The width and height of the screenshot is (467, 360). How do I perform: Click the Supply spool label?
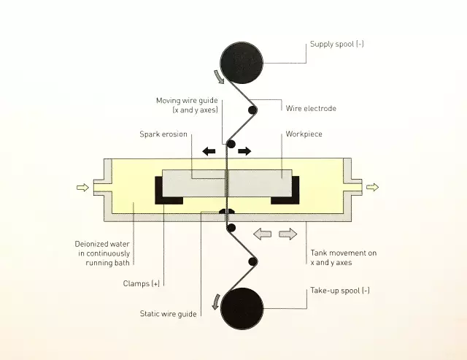pos(337,44)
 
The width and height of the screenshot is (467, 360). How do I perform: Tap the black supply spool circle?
pos(242,63)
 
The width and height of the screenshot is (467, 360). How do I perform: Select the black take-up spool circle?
pos(242,308)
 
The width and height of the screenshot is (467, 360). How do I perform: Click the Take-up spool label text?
pos(340,291)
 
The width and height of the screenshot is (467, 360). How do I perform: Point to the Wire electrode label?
pos(311,108)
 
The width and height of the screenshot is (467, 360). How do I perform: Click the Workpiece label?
pos(304,134)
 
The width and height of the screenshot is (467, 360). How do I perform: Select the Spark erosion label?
pos(163,134)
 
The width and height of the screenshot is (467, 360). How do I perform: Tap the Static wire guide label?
pos(169,314)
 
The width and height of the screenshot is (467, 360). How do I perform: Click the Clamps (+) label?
pos(142,283)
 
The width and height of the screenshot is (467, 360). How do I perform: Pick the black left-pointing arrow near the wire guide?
pos(209,151)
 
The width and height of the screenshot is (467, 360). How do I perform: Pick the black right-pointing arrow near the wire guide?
pos(244,151)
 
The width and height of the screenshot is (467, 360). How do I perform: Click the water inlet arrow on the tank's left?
pos(82,188)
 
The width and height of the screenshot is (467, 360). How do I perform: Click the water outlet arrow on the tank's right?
pos(372,187)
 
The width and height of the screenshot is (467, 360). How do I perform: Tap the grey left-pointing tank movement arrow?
pos(263,234)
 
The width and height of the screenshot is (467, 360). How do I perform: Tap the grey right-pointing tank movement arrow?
pos(288,234)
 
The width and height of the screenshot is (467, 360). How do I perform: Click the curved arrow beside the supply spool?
pos(220,77)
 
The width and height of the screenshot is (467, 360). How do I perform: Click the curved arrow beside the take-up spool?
pos(216,302)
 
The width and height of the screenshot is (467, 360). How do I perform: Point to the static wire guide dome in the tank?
pos(227,211)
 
